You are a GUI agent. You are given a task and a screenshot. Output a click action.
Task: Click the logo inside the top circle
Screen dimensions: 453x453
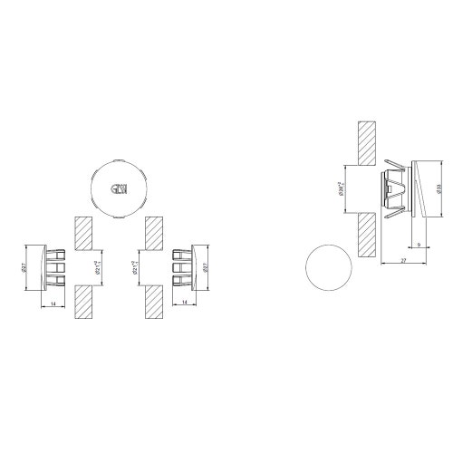[118, 189]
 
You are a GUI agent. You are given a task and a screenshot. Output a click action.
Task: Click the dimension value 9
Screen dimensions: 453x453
[416, 245]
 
